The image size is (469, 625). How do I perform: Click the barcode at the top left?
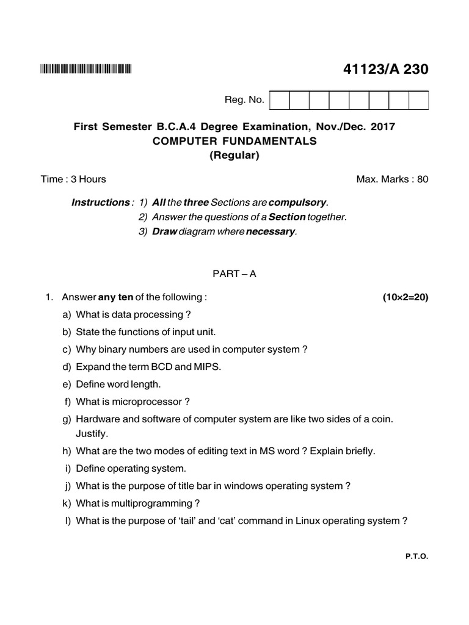(x=85, y=70)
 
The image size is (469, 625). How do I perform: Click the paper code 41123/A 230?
(x=386, y=70)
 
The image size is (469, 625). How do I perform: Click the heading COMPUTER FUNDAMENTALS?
(x=234, y=141)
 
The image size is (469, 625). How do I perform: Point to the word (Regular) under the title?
(x=234, y=155)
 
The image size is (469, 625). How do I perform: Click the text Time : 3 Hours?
(x=73, y=179)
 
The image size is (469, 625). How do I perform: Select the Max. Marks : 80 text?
(x=392, y=179)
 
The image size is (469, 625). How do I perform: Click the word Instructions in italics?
(x=100, y=202)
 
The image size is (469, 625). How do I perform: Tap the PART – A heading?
(x=234, y=274)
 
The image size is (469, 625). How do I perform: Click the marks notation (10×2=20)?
(x=405, y=297)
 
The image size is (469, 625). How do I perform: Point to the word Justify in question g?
(x=92, y=434)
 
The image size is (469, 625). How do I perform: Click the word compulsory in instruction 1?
(x=298, y=202)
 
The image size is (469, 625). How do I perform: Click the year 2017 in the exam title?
(x=384, y=127)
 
